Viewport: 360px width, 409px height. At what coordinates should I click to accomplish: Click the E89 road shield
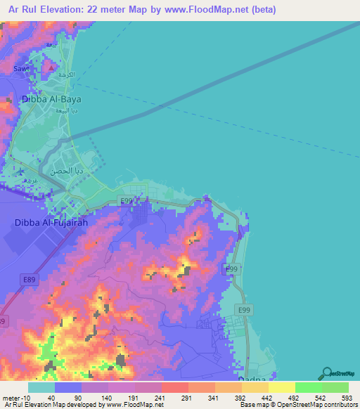pyautogui.click(x=29, y=279)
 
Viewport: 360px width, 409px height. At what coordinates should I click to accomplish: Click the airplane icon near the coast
pyautogui.click(x=20, y=171)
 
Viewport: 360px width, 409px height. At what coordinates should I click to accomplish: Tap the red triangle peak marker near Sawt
pyautogui.click(x=51, y=66)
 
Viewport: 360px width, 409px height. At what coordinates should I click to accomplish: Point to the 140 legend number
pyautogui.click(x=107, y=397)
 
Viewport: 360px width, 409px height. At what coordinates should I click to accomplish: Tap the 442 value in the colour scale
pyautogui.click(x=268, y=397)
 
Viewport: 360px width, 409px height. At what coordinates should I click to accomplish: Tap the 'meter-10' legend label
pyautogui.click(x=16, y=397)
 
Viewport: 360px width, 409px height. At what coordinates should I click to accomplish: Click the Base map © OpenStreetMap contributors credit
pyautogui.click(x=296, y=405)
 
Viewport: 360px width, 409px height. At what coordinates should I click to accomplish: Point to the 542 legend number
pyautogui.click(x=320, y=397)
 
